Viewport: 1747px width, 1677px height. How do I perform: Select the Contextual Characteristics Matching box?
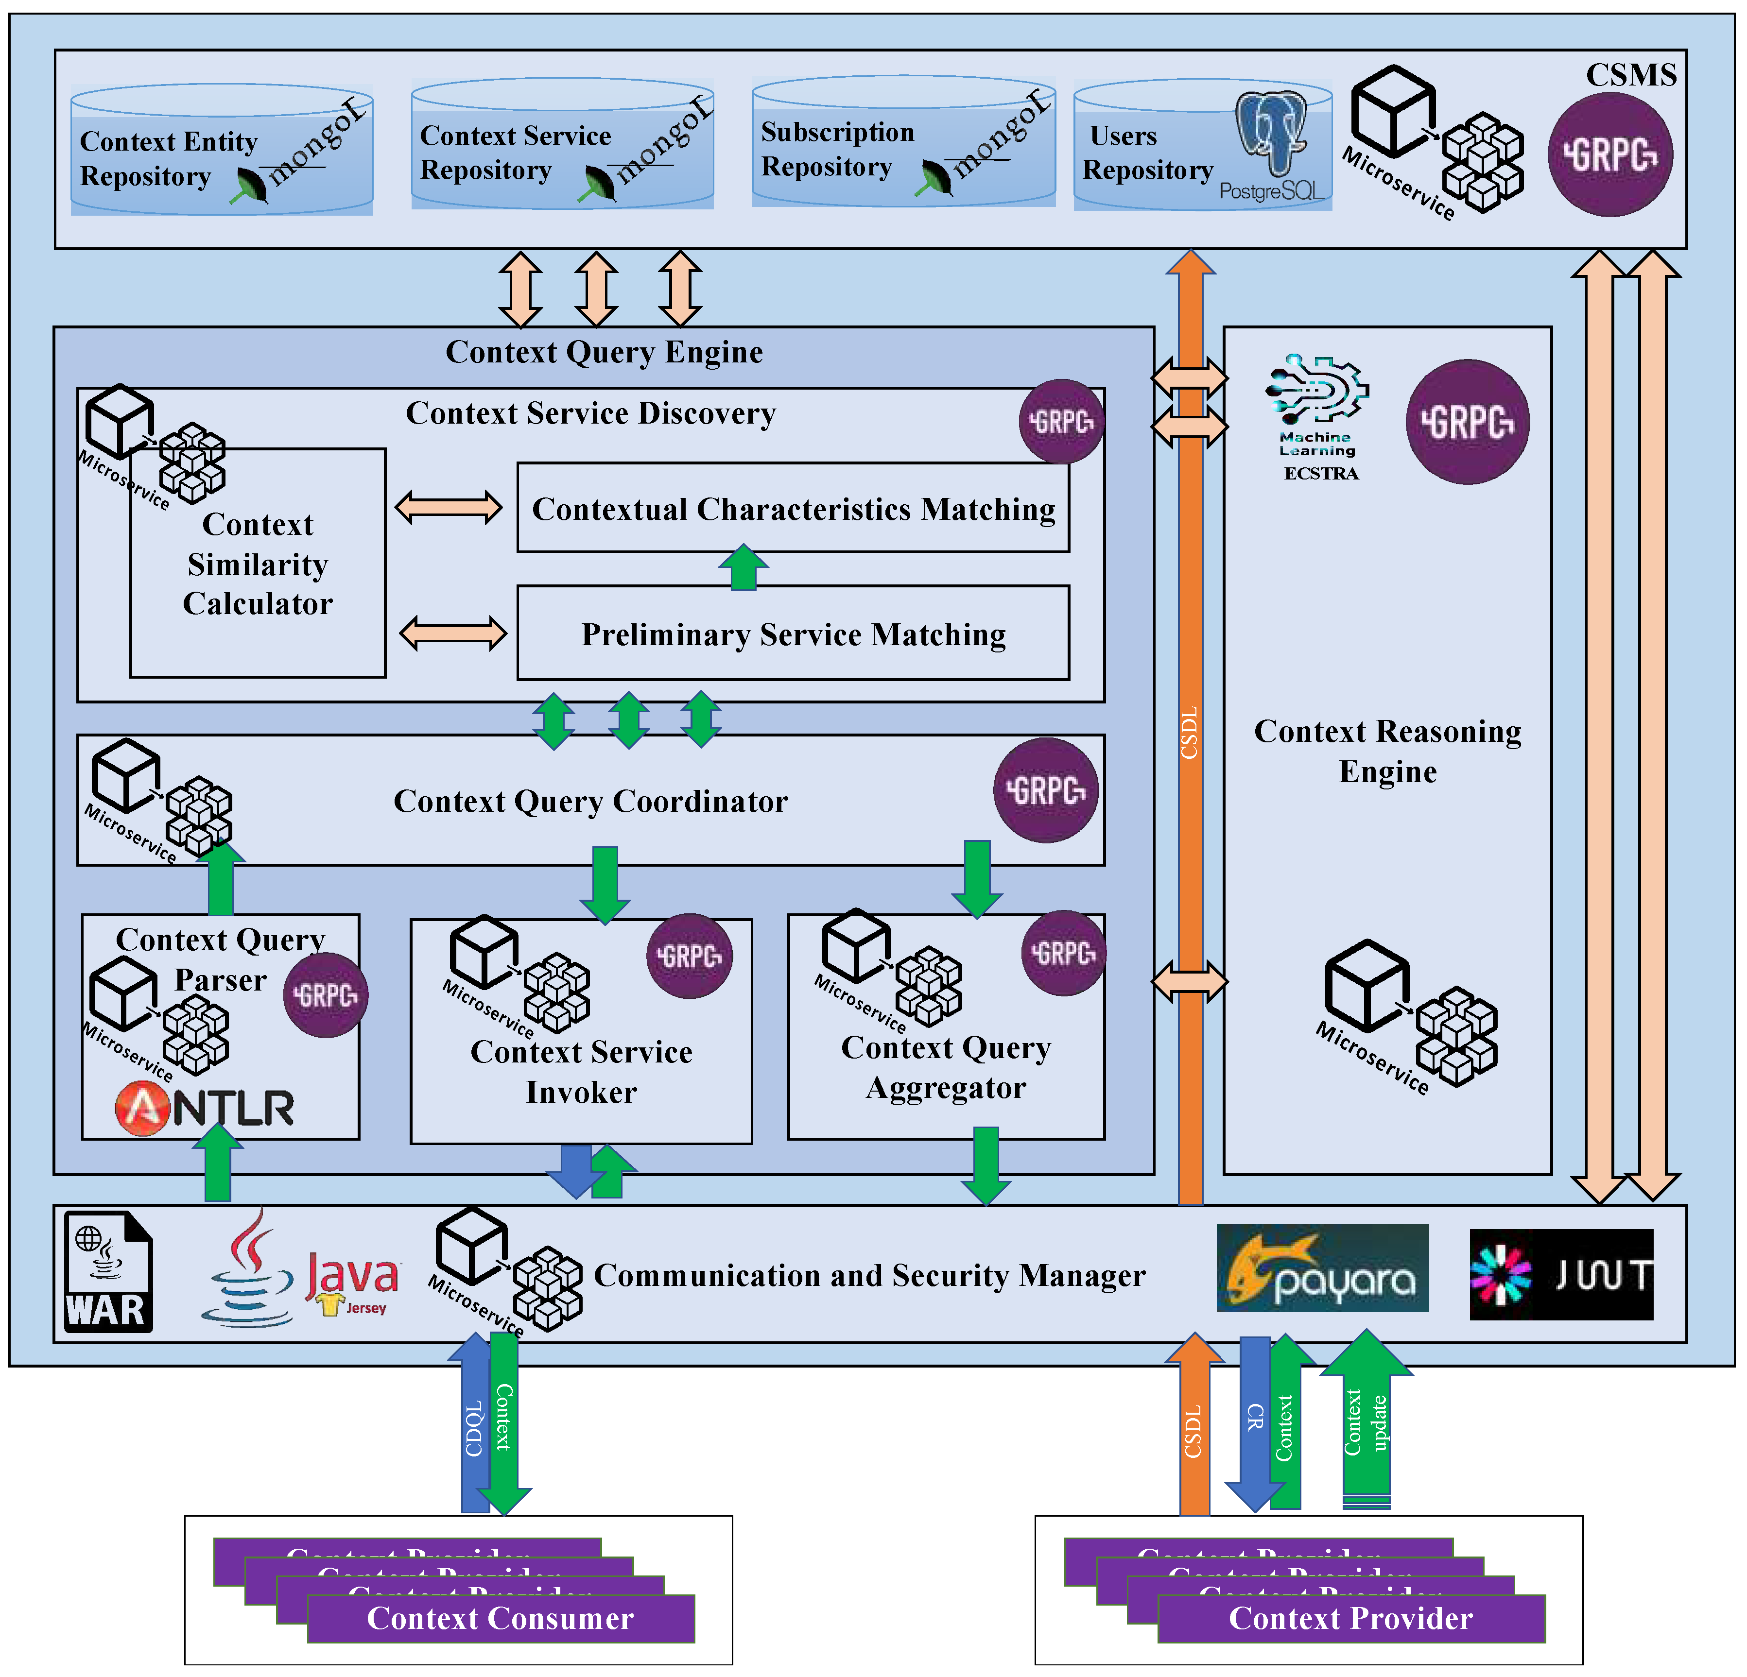pyautogui.click(x=793, y=508)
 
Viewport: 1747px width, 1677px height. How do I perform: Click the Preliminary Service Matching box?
pyautogui.click(x=793, y=633)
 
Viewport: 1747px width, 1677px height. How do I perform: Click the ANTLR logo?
pyautogui.click(x=205, y=1108)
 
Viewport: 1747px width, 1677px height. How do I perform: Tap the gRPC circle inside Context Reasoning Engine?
pyautogui.click(x=1467, y=422)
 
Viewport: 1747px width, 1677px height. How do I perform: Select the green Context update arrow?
pyautogui.click(x=1366, y=1421)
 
